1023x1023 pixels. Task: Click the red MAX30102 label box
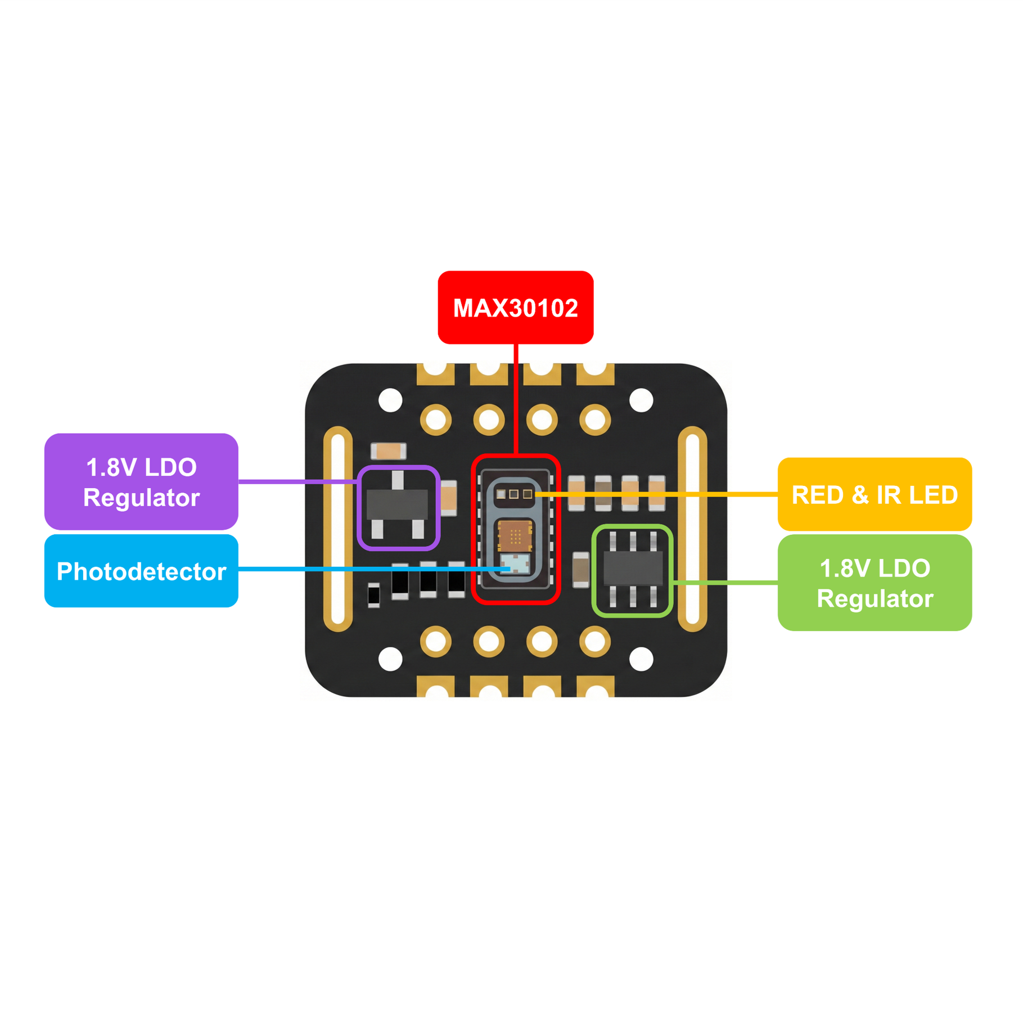[515, 307]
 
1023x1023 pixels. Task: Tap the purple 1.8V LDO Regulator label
[141, 481]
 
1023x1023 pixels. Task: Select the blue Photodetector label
[141, 570]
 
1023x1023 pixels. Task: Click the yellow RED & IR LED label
[874, 494]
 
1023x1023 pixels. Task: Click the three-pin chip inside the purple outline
[397, 504]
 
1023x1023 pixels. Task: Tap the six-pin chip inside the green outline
[633, 569]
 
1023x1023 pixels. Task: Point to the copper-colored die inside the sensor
[515, 535]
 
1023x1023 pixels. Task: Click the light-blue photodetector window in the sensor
[515, 563]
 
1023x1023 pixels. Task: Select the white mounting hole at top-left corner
[390, 400]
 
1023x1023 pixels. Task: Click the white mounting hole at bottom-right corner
[641, 659]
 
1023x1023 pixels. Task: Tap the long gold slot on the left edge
[338, 529]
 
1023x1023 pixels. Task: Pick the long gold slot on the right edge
[692, 529]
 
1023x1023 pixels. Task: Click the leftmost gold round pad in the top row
[436, 419]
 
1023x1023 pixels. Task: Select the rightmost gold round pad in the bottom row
[594, 641]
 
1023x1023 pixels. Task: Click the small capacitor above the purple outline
[388, 450]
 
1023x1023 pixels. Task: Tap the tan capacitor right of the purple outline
[448, 497]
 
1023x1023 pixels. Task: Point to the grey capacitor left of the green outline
[580, 569]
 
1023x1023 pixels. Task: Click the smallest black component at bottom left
[373, 595]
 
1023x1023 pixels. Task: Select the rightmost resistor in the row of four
[656, 493]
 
